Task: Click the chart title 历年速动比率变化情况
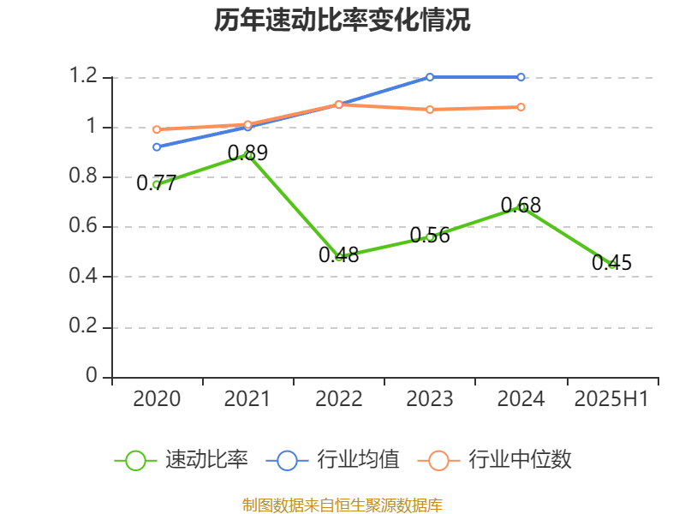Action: tap(342, 21)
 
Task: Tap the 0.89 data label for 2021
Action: tap(247, 153)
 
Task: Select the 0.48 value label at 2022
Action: tap(338, 255)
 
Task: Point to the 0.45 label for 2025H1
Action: tap(611, 263)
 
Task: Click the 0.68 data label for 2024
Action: tap(521, 206)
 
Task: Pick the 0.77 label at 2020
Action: tap(156, 183)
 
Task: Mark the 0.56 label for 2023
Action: tap(430, 236)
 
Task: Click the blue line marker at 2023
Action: tap(430, 77)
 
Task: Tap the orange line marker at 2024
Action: tap(521, 107)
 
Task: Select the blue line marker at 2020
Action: tap(157, 146)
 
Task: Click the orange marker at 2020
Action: tap(157, 129)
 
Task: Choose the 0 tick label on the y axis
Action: tap(92, 377)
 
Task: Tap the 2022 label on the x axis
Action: tap(338, 399)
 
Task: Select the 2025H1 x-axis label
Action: tap(611, 399)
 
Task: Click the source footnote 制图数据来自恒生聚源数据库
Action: tap(342, 505)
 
